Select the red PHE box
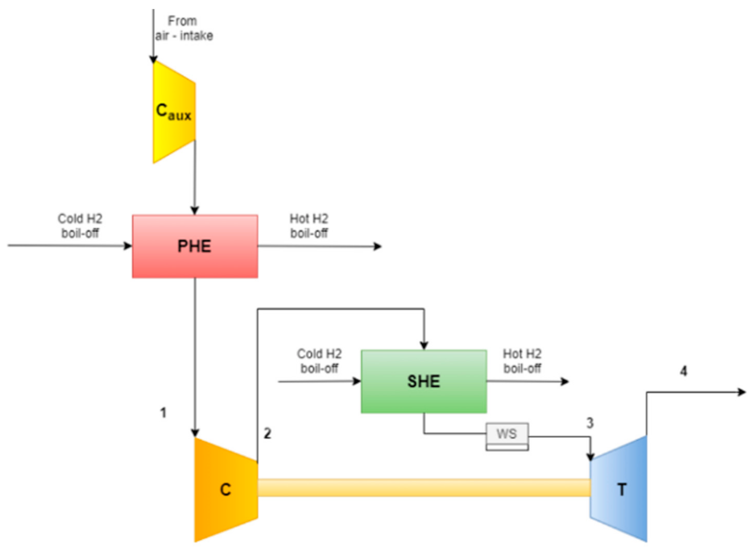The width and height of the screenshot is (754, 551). point(195,246)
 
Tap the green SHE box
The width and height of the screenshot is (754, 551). point(423,381)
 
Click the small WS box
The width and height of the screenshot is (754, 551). point(507,435)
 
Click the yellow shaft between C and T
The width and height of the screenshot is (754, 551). point(423,488)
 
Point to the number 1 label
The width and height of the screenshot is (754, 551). point(163,413)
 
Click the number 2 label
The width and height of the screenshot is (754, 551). point(267,433)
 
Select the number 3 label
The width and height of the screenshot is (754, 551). point(590,423)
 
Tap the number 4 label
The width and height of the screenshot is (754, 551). point(683,371)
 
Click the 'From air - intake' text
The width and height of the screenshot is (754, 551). point(183,28)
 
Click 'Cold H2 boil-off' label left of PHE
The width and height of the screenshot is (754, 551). point(80,226)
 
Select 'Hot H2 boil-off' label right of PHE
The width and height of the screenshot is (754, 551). point(309,226)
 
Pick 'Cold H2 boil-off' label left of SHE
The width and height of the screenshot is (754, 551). point(319,361)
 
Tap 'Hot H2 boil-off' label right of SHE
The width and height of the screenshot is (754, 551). point(522,361)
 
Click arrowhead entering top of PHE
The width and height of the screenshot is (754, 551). point(195,210)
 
